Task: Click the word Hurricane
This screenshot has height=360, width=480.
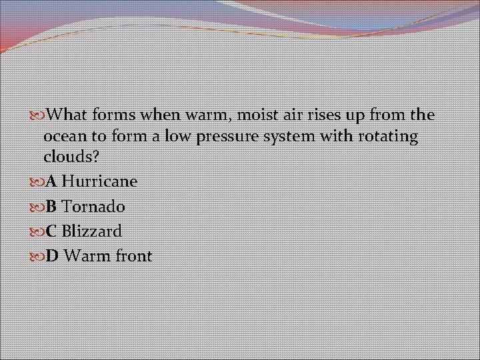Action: (x=99, y=181)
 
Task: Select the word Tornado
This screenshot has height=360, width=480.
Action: (x=93, y=207)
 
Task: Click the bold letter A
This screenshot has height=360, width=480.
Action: (x=51, y=181)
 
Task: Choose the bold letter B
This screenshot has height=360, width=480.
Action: (x=51, y=207)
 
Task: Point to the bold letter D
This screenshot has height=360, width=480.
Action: (x=51, y=256)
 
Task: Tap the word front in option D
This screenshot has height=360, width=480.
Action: (x=132, y=256)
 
